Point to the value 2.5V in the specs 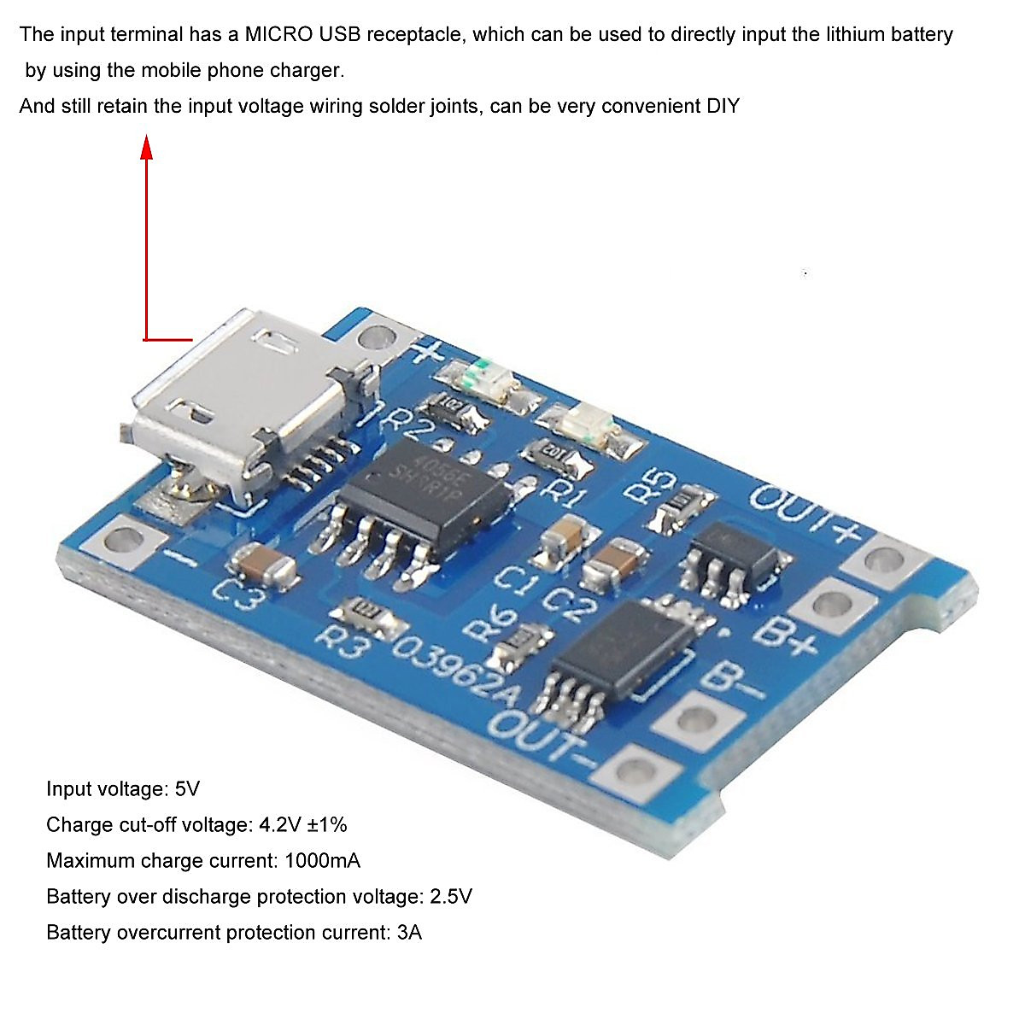coord(450,896)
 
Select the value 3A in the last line coord(410,932)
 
